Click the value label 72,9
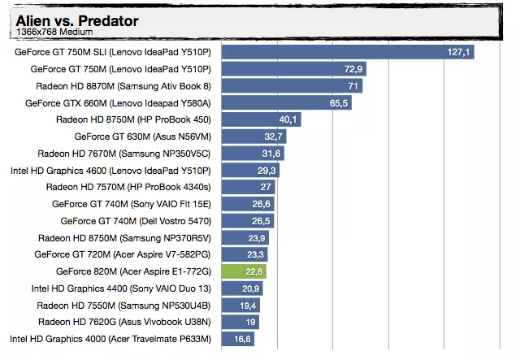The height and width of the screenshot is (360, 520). coord(353,69)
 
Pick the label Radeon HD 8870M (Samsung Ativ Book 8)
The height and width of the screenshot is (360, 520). coord(123,86)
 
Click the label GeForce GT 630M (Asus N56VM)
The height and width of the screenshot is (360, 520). coord(142,137)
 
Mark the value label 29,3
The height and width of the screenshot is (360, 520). coord(267,171)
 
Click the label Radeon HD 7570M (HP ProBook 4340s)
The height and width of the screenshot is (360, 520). coord(133,187)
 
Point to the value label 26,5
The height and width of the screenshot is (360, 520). coord(262,221)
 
